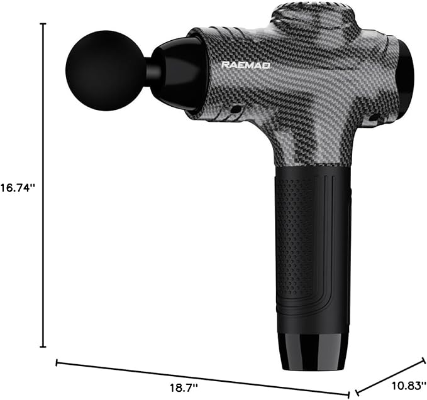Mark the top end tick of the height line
click(43, 24)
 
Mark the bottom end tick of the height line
click(43, 347)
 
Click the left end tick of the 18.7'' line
click(57, 362)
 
